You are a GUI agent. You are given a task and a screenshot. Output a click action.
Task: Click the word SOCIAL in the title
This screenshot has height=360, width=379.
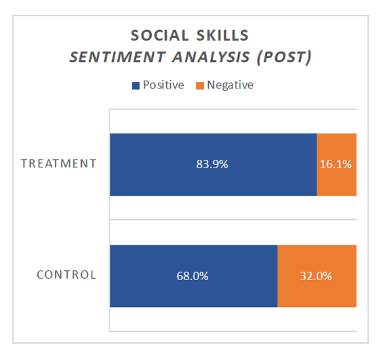(x=160, y=35)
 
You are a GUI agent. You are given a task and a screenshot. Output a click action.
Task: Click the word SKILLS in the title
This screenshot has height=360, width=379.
(x=223, y=35)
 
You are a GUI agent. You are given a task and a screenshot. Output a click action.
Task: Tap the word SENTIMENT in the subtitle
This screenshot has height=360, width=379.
(x=117, y=57)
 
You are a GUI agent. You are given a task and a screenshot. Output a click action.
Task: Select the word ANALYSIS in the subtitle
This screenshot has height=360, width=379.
(x=211, y=57)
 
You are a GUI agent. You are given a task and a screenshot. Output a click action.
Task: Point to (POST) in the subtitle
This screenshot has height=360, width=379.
(x=284, y=58)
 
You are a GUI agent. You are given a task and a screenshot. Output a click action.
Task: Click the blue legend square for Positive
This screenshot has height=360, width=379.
(x=136, y=86)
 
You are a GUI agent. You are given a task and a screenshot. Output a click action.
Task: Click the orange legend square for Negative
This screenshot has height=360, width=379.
(x=200, y=86)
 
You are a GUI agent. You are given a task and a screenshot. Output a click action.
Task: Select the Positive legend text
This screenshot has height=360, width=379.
(x=164, y=85)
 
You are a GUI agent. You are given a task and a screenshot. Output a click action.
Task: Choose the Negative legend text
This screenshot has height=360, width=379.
(x=230, y=85)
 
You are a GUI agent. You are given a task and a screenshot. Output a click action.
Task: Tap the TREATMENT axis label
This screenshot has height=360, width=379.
(x=59, y=164)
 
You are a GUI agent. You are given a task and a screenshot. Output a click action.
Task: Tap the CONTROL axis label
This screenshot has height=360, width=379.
(x=67, y=275)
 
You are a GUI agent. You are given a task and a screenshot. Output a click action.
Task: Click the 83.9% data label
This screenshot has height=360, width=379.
(x=212, y=164)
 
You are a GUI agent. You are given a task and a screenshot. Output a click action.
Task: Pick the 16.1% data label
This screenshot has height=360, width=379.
(x=336, y=164)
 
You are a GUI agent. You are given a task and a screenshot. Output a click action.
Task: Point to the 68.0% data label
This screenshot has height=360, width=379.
(x=192, y=276)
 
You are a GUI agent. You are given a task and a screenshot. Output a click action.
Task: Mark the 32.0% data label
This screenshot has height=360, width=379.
(x=316, y=276)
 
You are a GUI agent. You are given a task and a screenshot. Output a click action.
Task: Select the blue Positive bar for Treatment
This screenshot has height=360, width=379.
(x=213, y=164)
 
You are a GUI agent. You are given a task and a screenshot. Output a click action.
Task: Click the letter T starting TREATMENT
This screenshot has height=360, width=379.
(x=24, y=164)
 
